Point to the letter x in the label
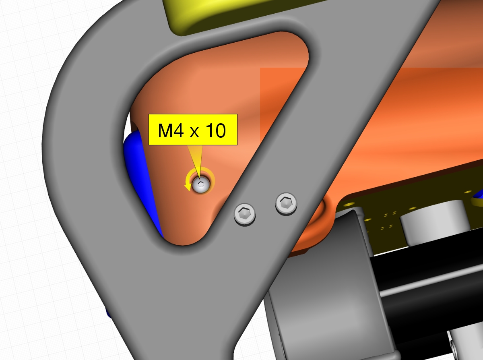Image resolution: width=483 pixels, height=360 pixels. (x=194, y=132)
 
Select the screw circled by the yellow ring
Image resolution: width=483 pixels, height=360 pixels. (x=201, y=185)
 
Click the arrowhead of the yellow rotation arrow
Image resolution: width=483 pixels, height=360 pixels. (x=188, y=187)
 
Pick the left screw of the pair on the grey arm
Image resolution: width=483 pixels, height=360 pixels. (x=245, y=214)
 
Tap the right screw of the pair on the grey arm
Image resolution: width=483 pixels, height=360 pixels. (x=286, y=204)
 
